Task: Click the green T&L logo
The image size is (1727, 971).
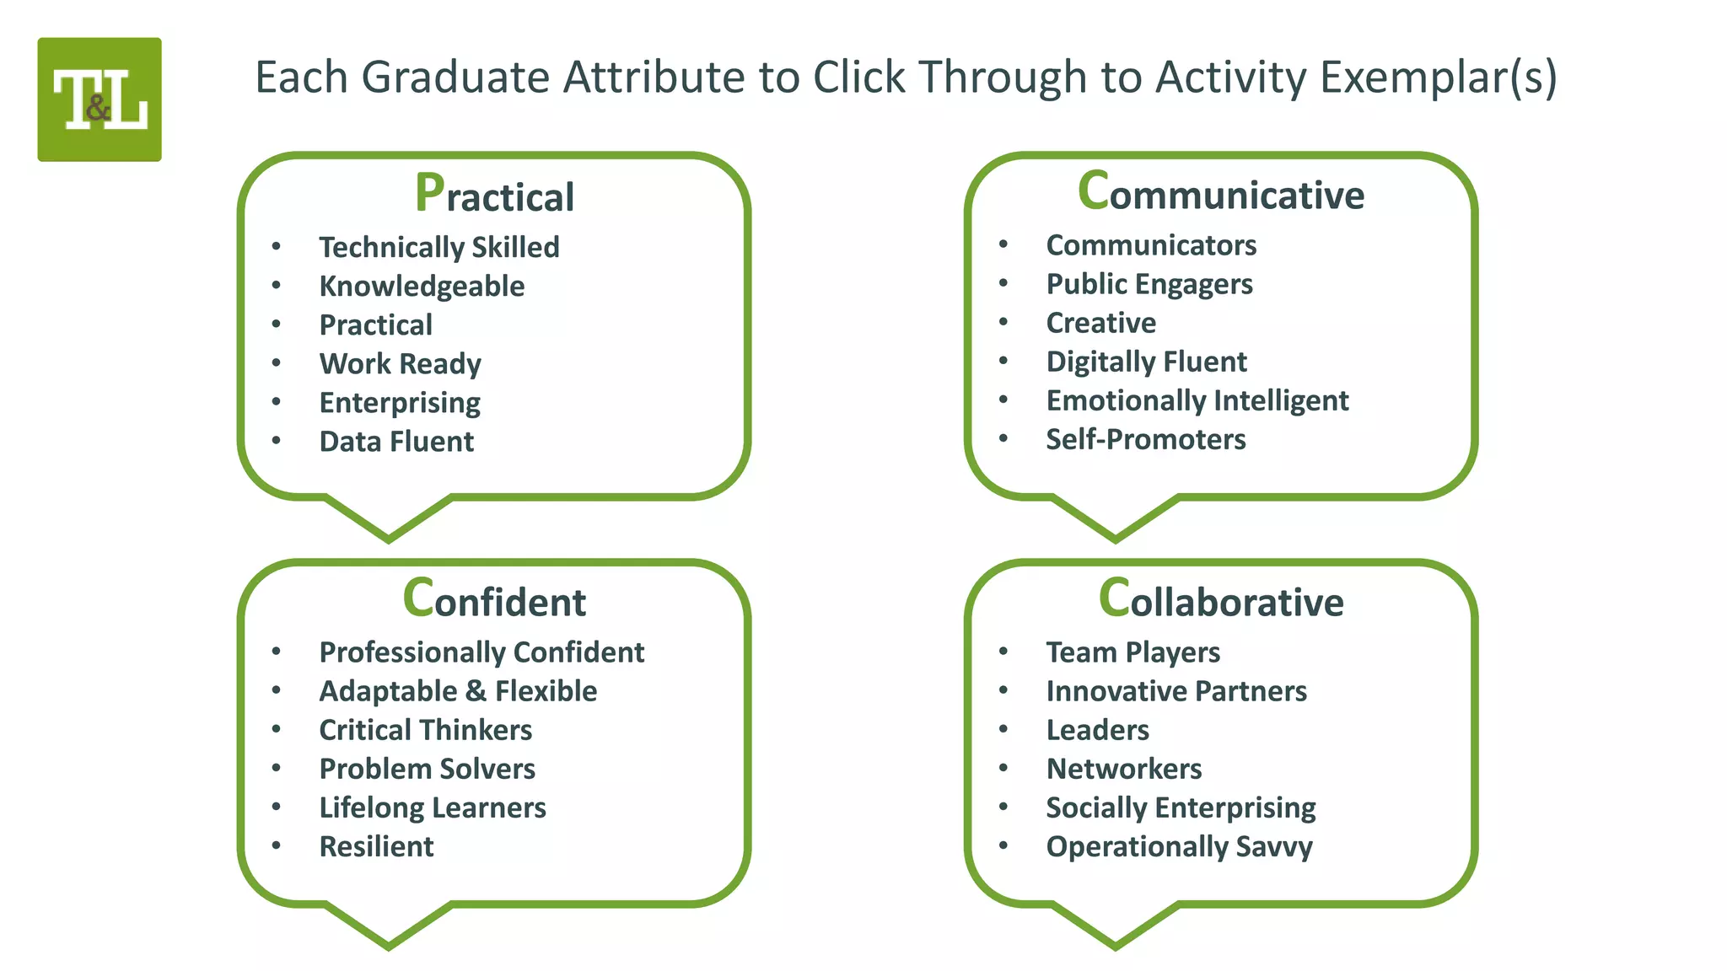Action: tap(100, 99)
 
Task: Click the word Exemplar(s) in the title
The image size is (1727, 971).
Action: tap(1438, 78)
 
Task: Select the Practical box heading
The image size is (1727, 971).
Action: tap(494, 195)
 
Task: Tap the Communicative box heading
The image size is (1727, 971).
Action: tap(1220, 193)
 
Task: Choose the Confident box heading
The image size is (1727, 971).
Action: tap(494, 600)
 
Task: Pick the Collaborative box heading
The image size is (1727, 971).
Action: tap(1220, 600)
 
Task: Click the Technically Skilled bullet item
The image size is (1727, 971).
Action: tap(438, 247)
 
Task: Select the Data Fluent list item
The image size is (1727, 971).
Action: tap(396, 442)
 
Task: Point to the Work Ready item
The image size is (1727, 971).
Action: tap(400, 363)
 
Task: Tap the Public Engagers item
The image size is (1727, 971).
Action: tap(1149, 284)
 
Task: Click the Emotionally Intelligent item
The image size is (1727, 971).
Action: tap(1197, 400)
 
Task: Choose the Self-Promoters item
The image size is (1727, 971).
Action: tap(1145, 439)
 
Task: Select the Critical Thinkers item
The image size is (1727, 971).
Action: tap(425, 730)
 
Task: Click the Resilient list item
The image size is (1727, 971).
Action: tap(376, 846)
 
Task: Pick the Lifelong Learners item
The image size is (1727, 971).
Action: tap(432, 807)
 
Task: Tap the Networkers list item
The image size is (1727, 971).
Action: tap(1123, 769)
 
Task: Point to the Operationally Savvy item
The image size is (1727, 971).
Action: tap(1179, 846)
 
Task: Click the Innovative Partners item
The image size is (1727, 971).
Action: tap(1176, 691)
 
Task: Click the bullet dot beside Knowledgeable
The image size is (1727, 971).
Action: tap(277, 286)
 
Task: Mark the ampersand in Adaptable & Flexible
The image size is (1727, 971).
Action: tap(476, 691)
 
